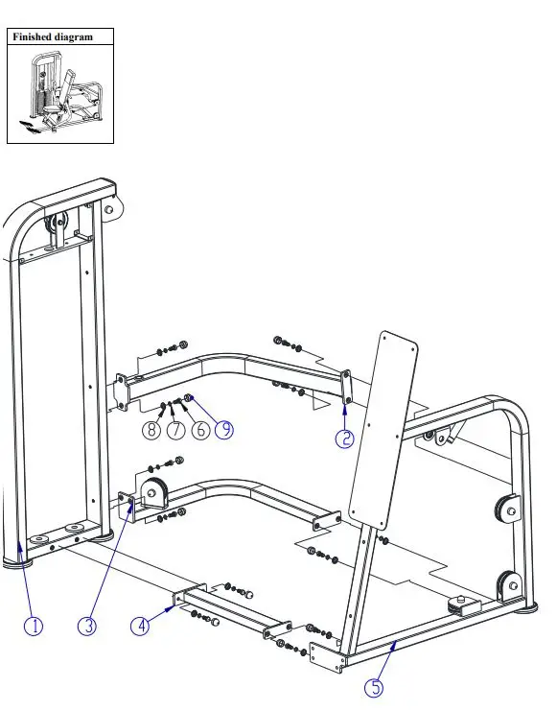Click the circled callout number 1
(x=34, y=626)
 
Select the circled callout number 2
(x=344, y=438)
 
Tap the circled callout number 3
(x=87, y=626)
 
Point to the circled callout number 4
(x=141, y=626)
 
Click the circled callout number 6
(x=199, y=430)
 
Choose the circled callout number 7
(x=175, y=430)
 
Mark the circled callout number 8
(x=151, y=430)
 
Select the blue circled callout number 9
(x=223, y=430)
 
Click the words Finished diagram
(x=53, y=36)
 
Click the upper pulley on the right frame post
(x=503, y=509)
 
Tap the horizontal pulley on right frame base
(x=461, y=604)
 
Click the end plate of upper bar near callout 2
(x=345, y=386)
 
